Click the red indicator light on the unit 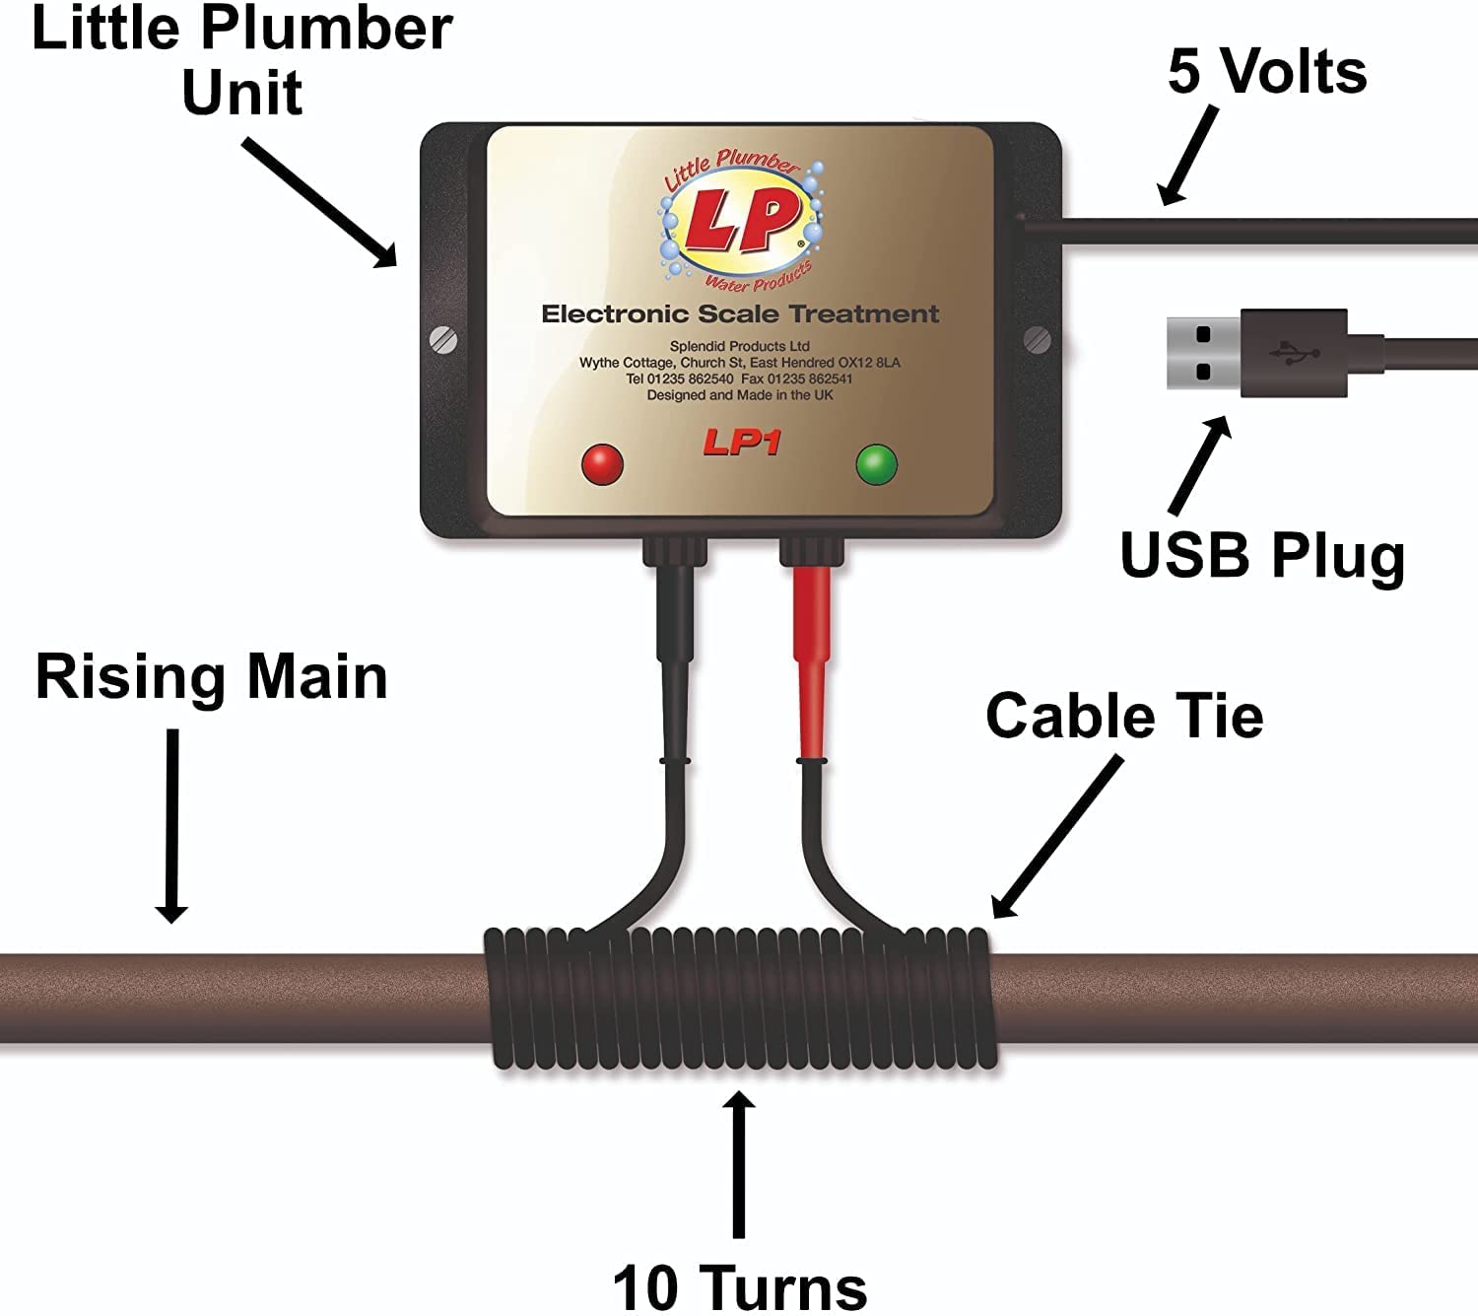(x=603, y=464)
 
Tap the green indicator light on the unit (x=876, y=464)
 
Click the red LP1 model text (x=741, y=443)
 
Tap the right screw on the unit (x=1038, y=340)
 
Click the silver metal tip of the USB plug (x=1204, y=353)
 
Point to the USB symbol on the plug (x=1294, y=353)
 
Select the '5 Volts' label (x=1267, y=72)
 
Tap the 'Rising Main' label (x=212, y=679)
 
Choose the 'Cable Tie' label (x=1124, y=716)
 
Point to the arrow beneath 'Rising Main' (x=172, y=826)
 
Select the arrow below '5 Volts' (x=1188, y=156)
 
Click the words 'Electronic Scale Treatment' (x=740, y=314)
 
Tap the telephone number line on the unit (x=739, y=379)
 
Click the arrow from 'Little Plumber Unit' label (x=320, y=203)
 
